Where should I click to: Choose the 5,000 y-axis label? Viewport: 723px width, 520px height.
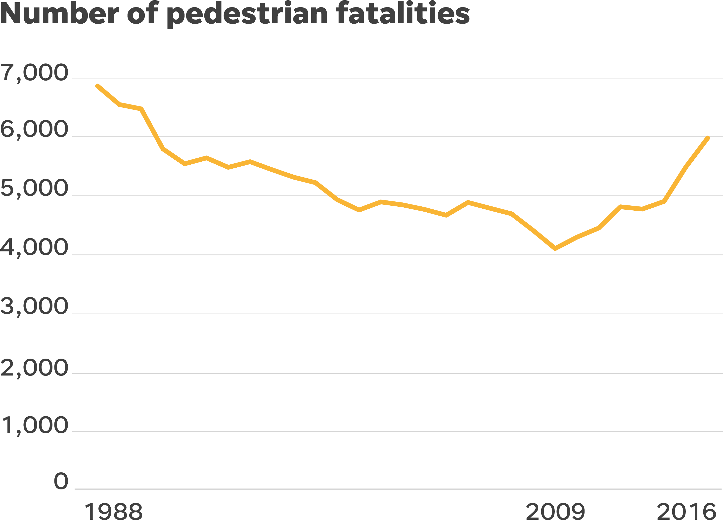click(34, 189)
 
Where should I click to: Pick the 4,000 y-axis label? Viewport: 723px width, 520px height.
click(34, 248)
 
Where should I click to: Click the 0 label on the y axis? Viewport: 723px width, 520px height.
click(61, 481)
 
